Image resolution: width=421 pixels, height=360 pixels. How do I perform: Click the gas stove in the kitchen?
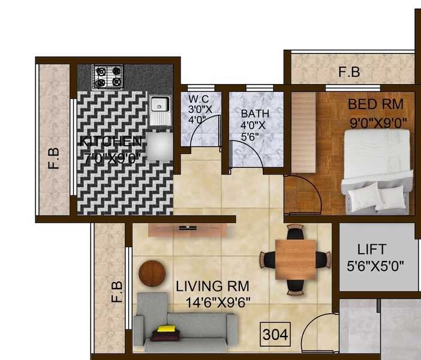tap(108, 77)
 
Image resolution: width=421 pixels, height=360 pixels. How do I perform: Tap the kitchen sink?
tap(160, 110)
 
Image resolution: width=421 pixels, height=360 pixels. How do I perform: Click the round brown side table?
tap(152, 274)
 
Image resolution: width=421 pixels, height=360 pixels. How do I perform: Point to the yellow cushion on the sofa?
tap(166, 329)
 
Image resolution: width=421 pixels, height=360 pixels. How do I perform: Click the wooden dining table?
tap(294, 259)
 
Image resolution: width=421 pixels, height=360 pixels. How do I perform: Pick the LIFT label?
tap(372, 249)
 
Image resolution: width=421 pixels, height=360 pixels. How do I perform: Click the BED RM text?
tap(375, 104)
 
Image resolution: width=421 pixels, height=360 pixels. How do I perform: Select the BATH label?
tap(255, 113)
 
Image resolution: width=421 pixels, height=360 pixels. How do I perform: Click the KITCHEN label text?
tap(112, 142)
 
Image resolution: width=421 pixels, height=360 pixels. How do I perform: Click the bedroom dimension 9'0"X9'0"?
tap(378, 122)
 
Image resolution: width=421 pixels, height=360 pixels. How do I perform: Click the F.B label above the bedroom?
tap(349, 72)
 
